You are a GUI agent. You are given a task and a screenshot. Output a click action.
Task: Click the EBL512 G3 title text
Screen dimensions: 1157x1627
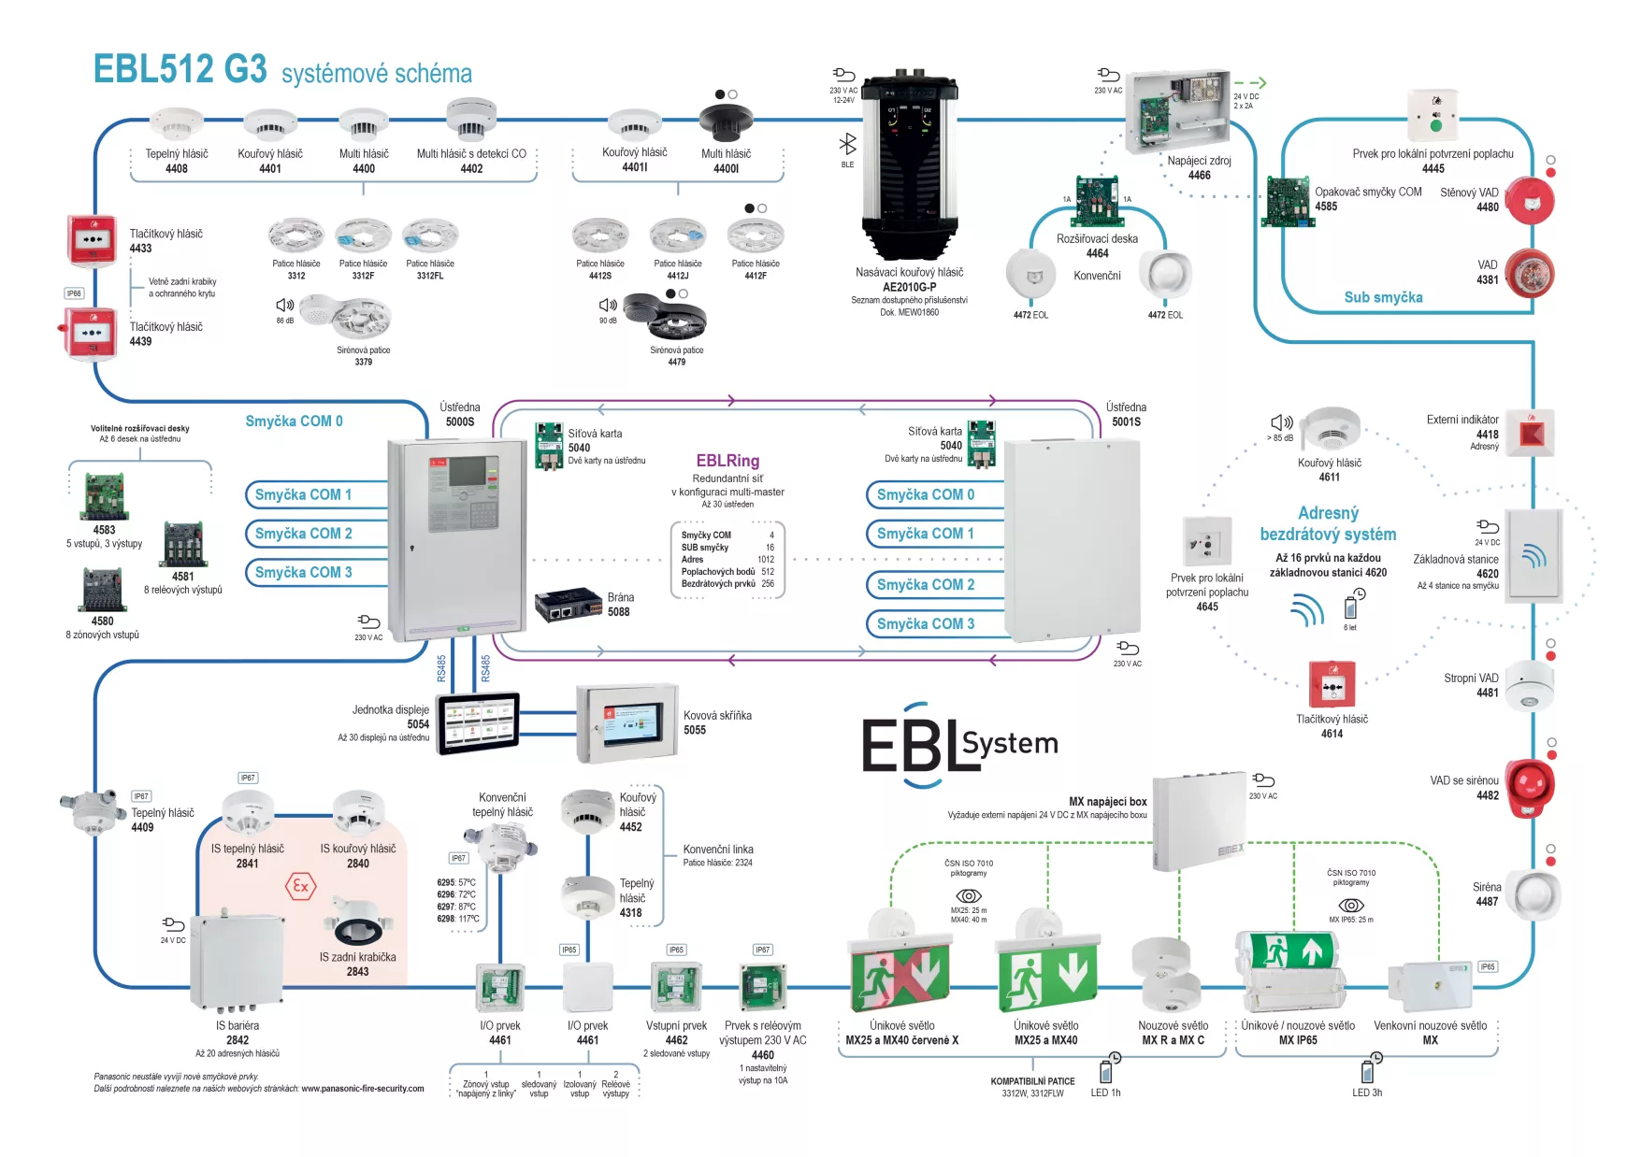coord(180,70)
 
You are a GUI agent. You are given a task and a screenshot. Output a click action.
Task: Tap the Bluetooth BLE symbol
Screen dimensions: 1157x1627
coord(847,144)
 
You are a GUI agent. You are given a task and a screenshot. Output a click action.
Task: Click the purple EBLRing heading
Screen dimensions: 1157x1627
coord(727,461)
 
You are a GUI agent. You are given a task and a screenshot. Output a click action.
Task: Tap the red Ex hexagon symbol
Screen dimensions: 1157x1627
coord(300,886)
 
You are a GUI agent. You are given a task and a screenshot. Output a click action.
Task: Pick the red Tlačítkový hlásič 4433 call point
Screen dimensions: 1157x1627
coord(92,239)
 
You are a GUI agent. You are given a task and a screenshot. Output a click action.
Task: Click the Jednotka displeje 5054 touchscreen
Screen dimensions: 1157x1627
coord(478,722)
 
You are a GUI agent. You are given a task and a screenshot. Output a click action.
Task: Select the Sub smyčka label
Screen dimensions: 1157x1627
coord(1383,297)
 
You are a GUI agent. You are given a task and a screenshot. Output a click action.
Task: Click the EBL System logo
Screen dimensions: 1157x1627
coord(959,746)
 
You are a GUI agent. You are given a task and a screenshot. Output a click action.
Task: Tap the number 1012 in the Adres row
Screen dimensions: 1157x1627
coord(766,560)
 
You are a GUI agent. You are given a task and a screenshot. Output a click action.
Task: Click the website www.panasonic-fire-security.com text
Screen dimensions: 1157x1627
coord(362,1089)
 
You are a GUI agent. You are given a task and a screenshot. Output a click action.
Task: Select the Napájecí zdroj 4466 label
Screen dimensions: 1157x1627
coord(1199,167)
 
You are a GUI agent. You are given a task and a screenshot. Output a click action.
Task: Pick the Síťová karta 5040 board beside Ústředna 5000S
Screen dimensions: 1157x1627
coord(549,446)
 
